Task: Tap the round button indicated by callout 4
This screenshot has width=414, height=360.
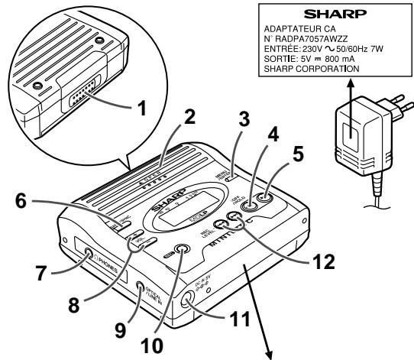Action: pos(250,205)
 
